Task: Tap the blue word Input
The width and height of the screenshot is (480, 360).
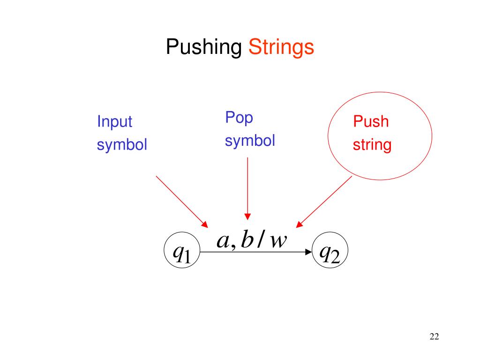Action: point(114,122)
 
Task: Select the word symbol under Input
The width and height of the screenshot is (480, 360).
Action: point(122,145)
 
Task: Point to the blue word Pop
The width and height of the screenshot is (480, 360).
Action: point(239,117)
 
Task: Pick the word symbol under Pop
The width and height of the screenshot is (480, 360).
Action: point(250,141)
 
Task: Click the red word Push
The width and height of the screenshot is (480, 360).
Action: point(371,122)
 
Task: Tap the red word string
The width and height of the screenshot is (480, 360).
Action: point(372,145)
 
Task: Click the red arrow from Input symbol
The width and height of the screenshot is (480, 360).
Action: point(181,200)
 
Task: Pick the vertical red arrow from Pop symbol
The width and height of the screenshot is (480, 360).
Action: point(247,187)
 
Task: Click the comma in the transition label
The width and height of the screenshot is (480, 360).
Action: point(232,246)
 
